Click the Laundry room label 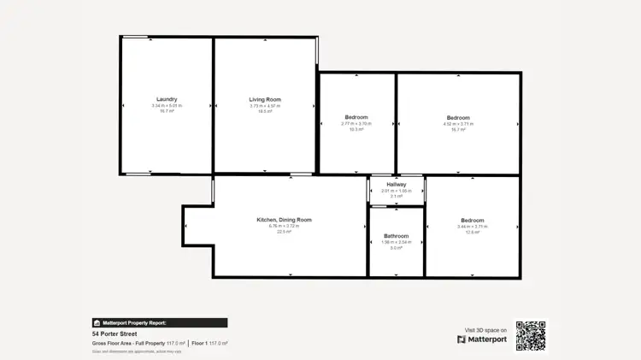(167, 99)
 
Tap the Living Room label (265, 99)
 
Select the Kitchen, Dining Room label (285, 220)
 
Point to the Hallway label (396, 185)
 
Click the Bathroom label (396, 236)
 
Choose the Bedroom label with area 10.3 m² (356, 117)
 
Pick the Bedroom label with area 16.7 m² (458, 118)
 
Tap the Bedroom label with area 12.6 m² (473, 221)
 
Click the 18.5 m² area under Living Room (265, 111)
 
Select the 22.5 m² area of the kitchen (285, 232)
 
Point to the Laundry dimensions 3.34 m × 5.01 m (167, 105)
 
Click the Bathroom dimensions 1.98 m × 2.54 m (396, 242)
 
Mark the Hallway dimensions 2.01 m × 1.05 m (396, 191)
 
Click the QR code (530, 336)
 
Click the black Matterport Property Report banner (160, 322)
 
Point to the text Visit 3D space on (485, 330)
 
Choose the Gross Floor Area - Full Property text (128, 343)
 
